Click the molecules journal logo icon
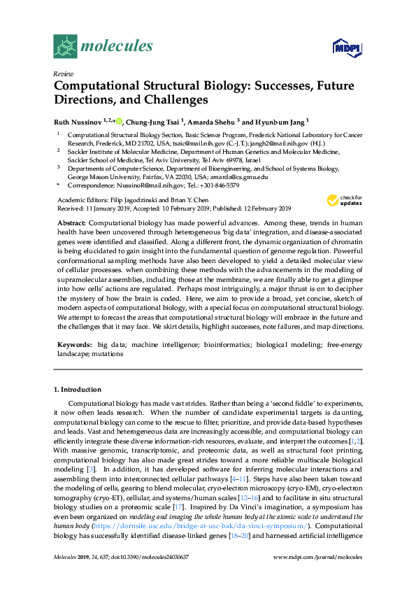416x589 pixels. [66, 46]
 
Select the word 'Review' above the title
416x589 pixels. [64, 74]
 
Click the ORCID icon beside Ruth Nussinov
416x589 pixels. [119, 120]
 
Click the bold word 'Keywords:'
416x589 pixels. [73, 345]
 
